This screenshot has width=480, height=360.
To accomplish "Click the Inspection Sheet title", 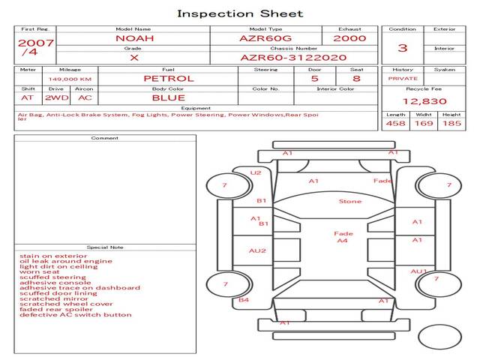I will (x=240, y=13).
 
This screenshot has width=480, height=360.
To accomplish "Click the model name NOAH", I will (x=133, y=38).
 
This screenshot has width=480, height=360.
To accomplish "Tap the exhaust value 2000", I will (x=349, y=38).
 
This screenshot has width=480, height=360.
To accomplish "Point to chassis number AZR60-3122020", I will (x=293, y=57).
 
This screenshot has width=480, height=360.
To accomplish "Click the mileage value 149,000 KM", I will (x=70, y=79).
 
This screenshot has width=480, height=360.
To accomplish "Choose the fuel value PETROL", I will (x=169, y=78).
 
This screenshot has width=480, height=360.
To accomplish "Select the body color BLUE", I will (x=169, y=97).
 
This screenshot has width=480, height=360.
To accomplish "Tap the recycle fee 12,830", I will (x=424, y=101).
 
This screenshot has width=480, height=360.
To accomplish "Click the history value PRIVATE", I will (x=403, y=79).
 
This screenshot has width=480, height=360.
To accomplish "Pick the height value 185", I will (x=451, y=123).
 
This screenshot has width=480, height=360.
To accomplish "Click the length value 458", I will (x=395, y=123).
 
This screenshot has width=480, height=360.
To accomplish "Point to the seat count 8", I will (x=356, y=78).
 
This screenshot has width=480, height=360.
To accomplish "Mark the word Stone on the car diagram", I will (x=350, y=201).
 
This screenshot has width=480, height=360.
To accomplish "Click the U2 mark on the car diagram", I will (x=256, y=172).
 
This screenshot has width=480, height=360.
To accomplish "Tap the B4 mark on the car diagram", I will (x=244, y=300).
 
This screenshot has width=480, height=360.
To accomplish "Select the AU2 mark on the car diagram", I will (x=257, y=250).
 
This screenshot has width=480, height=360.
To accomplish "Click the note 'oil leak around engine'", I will (x=66, y=261).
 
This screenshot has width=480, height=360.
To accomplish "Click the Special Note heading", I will (x=105, y=247).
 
